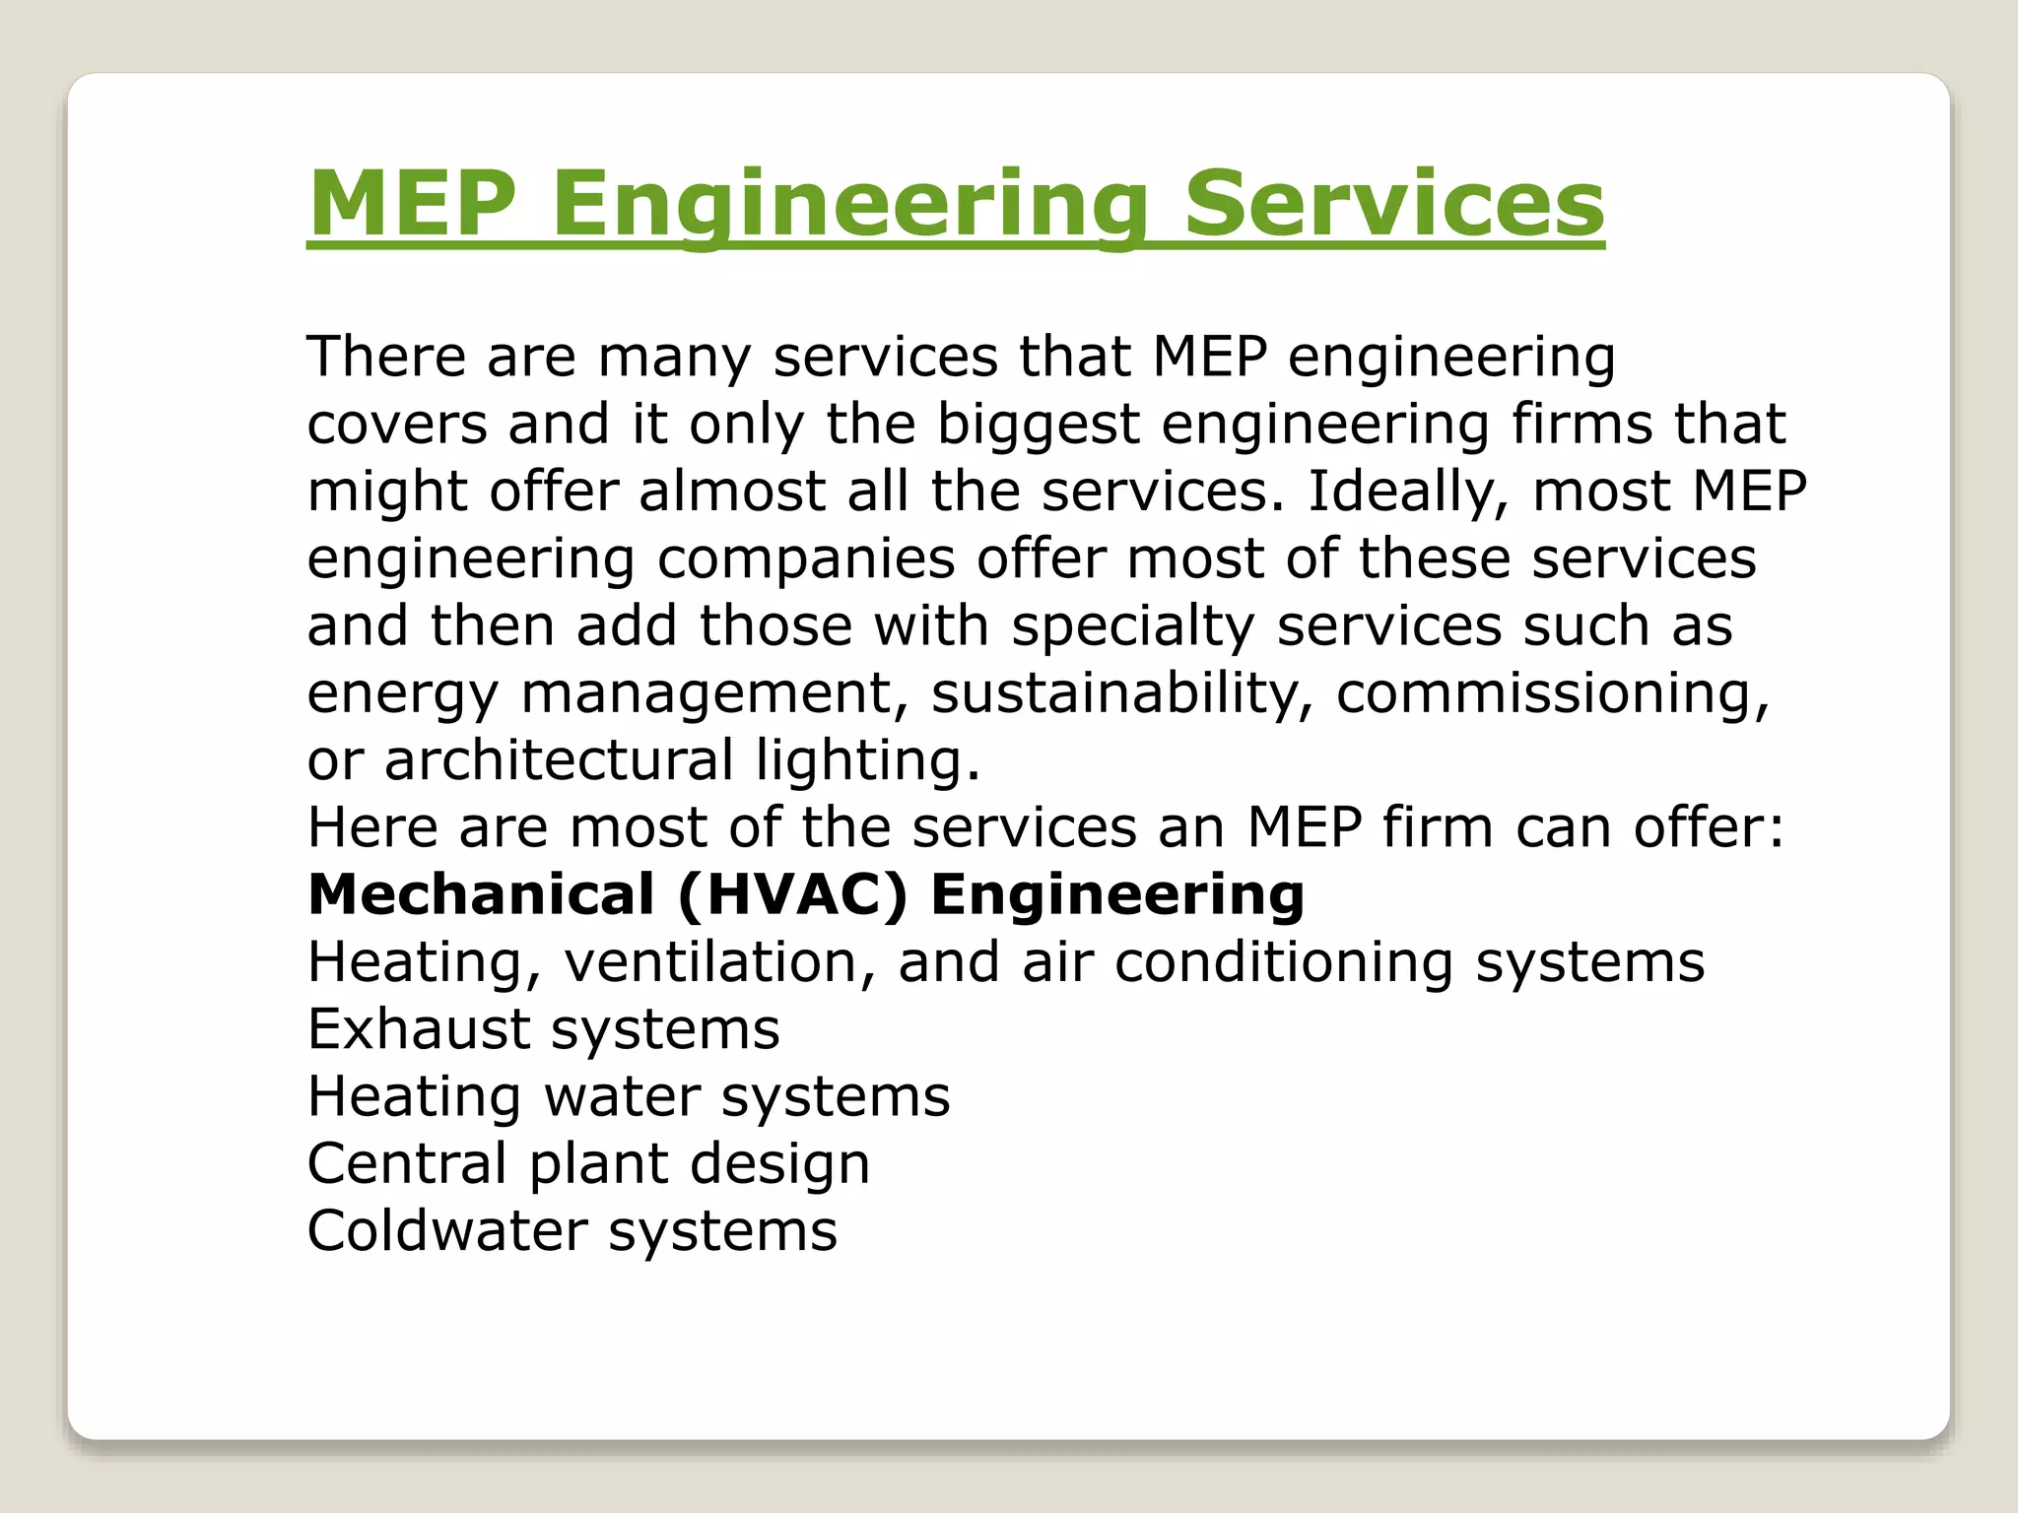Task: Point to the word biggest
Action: coord(1038,426)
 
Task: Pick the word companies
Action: coord(806,559)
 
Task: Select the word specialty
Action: coord(1133,627)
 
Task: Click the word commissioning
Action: coord(1553,693)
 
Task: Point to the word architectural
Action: coord(559,760)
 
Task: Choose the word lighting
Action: coord(868,760)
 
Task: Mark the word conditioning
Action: coord(1284,962)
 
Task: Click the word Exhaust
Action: coord(419,1029)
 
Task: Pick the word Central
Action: coord(407,1163)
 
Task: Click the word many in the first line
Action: coord(675,358)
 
